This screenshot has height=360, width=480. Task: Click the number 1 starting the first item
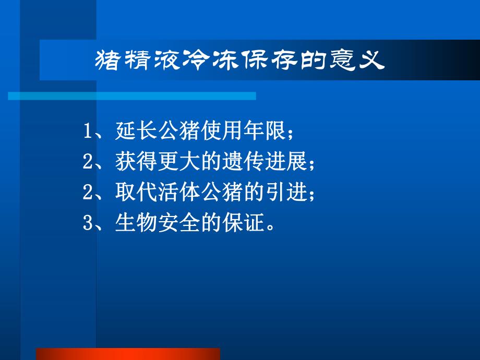(x=87, y=133)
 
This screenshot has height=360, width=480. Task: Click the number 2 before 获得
(x=87, y=163)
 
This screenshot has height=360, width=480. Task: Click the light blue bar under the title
(x=131, y=96)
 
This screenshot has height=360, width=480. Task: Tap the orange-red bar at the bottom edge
(x=128, y=354)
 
